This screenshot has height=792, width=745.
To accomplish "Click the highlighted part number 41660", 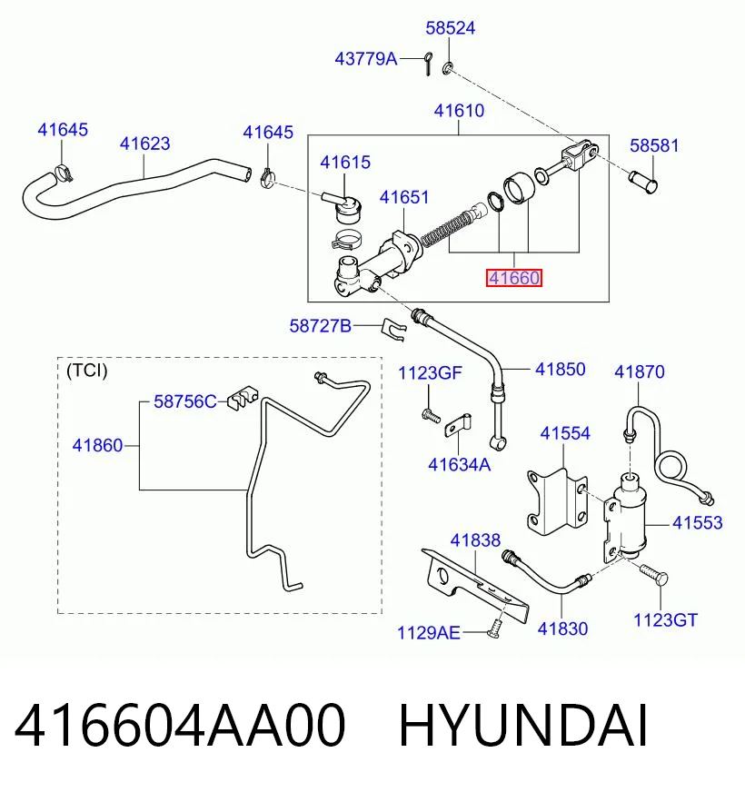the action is [514, 278].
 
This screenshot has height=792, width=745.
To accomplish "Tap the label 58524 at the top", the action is [451, 28].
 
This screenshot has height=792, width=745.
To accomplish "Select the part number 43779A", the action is [366, 59].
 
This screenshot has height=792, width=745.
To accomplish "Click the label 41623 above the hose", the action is [145, 144].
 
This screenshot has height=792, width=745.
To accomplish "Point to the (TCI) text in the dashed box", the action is [87, 371].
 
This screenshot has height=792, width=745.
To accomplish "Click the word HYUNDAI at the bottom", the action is [523, 726].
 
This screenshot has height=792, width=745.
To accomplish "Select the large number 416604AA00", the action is [180, 726].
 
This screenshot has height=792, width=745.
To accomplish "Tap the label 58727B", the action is [321, 326].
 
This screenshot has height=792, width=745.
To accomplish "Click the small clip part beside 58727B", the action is [393, 330].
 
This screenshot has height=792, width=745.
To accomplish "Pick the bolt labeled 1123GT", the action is [654, 574].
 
